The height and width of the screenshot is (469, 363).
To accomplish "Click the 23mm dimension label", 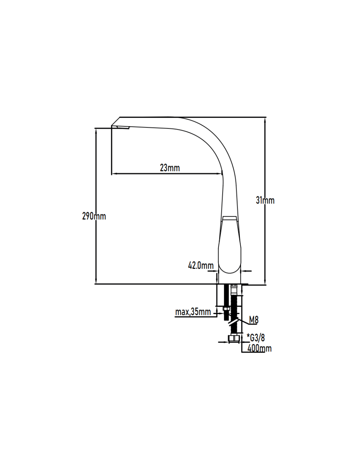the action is [170, 168].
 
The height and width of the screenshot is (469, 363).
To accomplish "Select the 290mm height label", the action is [94, 216].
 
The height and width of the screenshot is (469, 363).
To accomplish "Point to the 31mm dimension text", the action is [265, 201].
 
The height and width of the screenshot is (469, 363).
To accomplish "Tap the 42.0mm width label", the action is [201, 266].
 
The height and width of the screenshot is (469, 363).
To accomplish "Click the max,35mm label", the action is [193, 312].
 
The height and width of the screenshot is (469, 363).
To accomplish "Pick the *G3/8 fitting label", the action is [256, 338].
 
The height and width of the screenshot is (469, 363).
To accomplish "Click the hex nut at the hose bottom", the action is [234, 339].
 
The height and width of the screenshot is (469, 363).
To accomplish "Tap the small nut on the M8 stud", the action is [226, 309].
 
